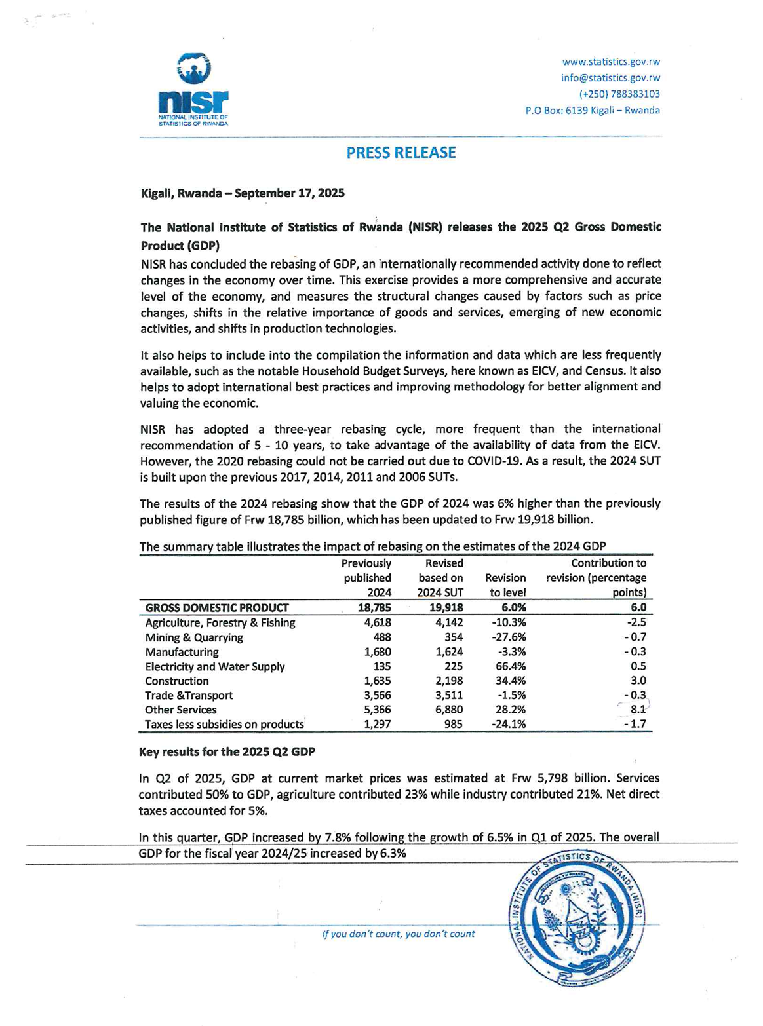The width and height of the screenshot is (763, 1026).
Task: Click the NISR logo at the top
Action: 193,89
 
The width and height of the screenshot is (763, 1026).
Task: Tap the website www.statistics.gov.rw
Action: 611,62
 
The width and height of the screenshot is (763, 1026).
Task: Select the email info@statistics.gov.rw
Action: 610,78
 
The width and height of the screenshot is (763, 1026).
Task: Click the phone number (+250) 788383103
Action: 619,94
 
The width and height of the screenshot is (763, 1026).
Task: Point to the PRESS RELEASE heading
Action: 401,153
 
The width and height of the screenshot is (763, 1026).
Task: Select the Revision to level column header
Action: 505,585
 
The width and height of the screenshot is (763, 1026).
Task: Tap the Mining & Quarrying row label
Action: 193,637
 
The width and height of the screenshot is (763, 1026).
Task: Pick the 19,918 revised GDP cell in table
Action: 446,608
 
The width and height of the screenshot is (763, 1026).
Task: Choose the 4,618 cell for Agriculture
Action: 378,623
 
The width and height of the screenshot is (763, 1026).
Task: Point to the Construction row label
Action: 177,681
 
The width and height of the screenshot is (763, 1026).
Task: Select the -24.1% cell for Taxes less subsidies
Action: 509,725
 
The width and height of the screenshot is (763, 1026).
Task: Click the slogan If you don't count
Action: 399,934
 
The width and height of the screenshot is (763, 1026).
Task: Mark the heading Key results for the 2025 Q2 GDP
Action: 227,752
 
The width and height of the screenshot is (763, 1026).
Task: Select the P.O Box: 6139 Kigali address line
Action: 593,111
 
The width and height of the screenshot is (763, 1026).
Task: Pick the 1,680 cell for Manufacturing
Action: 378,652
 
